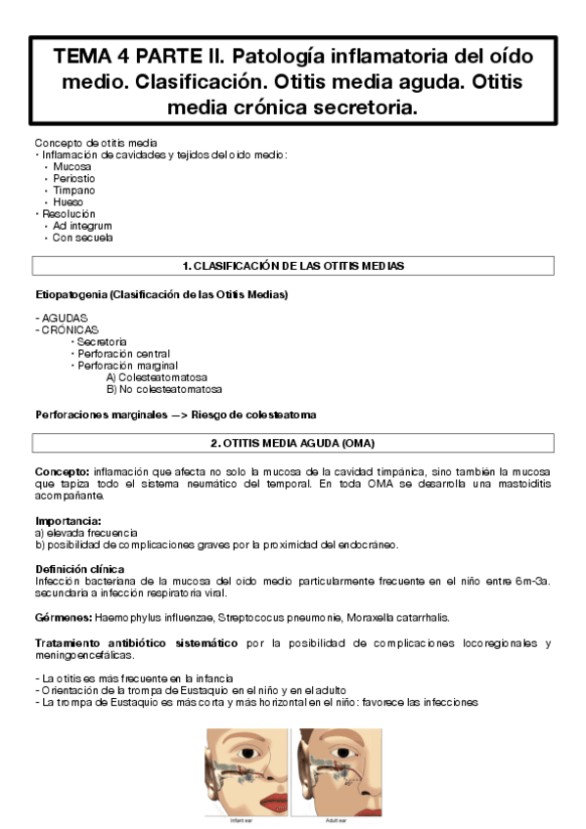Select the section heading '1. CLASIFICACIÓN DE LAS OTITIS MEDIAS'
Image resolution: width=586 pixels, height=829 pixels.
click(293, 266)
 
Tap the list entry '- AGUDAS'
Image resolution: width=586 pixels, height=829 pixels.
click(61, 319)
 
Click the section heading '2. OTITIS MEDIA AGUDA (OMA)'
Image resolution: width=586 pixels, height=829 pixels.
click(293, 443)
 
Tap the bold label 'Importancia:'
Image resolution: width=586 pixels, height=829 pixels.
click(68, 521)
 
